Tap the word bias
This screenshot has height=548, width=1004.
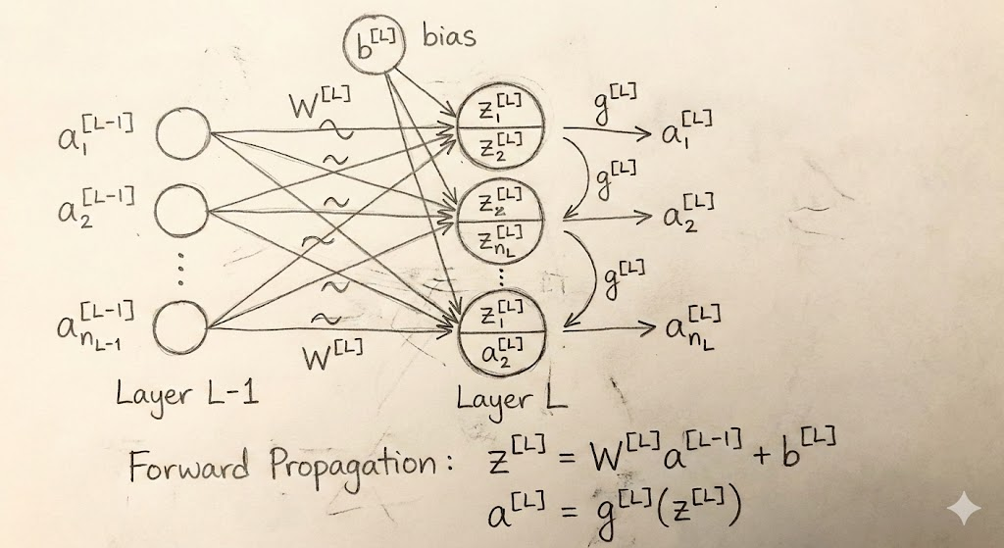tap(449, 37)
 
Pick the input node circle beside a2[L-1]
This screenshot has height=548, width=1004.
tap(182, 209)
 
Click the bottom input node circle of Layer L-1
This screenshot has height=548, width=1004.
tap(182, 327)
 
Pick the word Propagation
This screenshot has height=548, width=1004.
tap(358, 467)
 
